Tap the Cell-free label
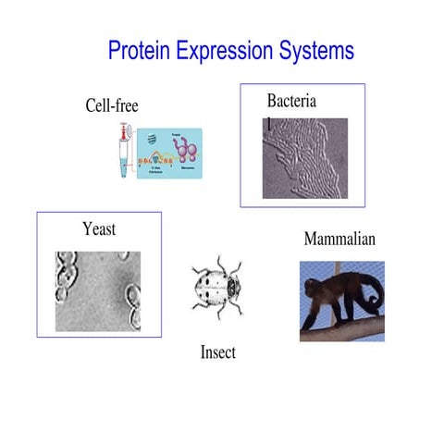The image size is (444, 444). click(112, 106)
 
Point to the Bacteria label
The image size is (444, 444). click(291, 101)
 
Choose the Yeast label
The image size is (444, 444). click(99, 228)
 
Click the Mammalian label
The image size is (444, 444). click(339, 240)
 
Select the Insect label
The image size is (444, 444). click(218, 351)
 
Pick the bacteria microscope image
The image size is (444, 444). click(305, 158)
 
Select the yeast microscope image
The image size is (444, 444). click(98, 291)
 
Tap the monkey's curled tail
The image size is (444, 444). click(369, 294)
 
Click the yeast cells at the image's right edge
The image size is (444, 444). click(131, 301)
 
